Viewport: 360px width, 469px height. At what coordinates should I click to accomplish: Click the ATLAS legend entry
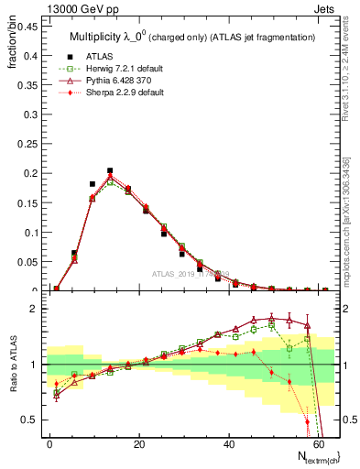pyautogui.click(x=99, y=57)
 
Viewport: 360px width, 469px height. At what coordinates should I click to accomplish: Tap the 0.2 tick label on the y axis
pyautogui.click(x=28, y=173)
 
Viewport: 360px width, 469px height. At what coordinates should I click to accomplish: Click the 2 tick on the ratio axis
pyautogui.click(x=33, y=309)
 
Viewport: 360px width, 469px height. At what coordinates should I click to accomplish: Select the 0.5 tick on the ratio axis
pyautogui.click(x=28, y=420)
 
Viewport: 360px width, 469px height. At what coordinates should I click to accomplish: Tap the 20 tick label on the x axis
pyautogui.click(x=139, y=442)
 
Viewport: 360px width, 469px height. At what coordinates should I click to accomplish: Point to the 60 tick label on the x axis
pyautogui.click(x=318, y=442)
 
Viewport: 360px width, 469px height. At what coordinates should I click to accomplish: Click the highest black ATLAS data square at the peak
pyautogui.click(x=110, y=170)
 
